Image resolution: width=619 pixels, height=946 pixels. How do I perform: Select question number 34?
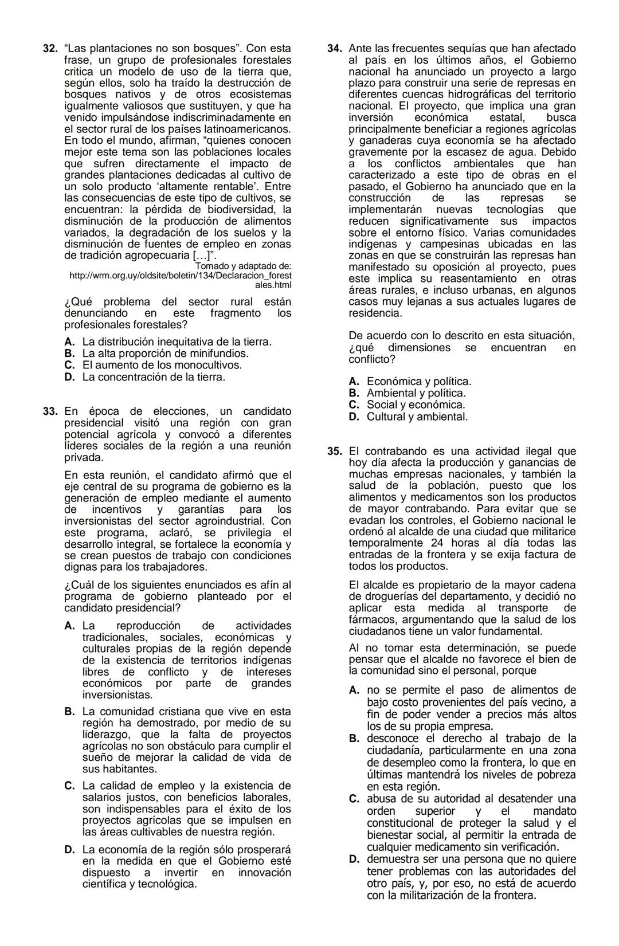click(335, 49)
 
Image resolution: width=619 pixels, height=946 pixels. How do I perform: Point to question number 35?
click(335, 452)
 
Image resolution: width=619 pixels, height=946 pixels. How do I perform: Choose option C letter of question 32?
click(69, 366)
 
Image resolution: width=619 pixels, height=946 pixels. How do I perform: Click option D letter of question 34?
click(354, 417)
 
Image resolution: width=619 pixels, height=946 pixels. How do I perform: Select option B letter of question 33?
click(69, 712)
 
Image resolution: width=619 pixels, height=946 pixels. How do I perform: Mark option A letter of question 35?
click(354, 690)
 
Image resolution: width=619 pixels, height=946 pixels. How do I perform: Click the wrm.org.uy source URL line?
click(180, 276)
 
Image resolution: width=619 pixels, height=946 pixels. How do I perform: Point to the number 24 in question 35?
click(437, 543)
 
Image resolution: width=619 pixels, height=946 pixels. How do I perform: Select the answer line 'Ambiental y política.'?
click(416, 394)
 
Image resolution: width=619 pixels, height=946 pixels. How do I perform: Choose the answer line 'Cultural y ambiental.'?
click(417, 417)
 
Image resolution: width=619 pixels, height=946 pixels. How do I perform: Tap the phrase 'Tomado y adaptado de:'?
click(243, 266)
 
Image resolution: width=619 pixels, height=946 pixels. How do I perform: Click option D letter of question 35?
click(354, 859)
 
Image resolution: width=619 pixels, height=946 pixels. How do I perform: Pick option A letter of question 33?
click(69, 626)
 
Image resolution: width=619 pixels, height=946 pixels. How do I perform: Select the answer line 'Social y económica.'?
click(416, 405)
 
